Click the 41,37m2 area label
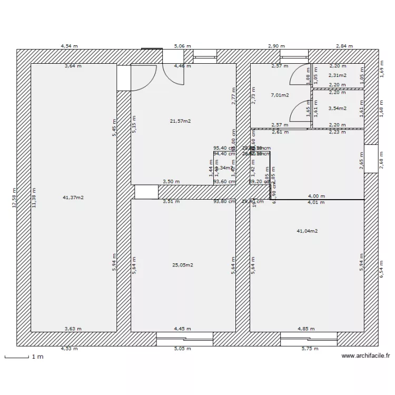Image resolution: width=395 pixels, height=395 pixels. point(73,197)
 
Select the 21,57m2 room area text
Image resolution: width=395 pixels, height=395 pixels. point(180,121)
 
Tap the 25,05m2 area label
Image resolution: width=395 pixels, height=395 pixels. point(183,265)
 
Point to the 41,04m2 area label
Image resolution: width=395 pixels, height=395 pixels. point(307,231)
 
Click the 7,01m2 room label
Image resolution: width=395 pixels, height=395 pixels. point(280,95)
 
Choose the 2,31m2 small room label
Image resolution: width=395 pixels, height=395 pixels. point(338,75)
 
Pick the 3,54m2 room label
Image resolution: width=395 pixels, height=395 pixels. point(338,108)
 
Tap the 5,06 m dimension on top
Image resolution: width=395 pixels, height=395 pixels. point(183,46)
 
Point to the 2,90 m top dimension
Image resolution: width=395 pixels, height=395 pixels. point(276,46)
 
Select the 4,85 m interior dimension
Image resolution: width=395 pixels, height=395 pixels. point(305,329)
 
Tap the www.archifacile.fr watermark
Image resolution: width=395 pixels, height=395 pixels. point(366,356)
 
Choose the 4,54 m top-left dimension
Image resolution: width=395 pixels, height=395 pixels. point(70,46)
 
